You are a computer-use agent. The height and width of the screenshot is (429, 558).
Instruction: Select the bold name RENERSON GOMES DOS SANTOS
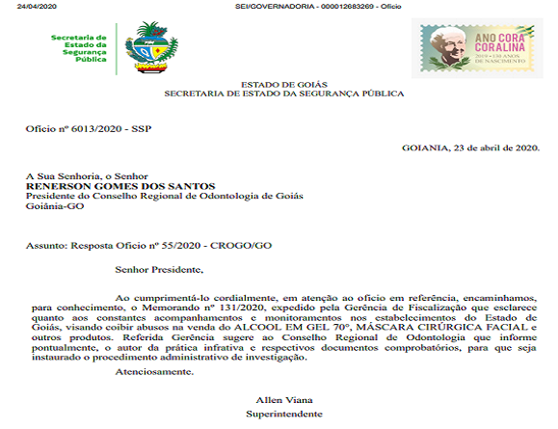pyautogui.click(x=120, y=185)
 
